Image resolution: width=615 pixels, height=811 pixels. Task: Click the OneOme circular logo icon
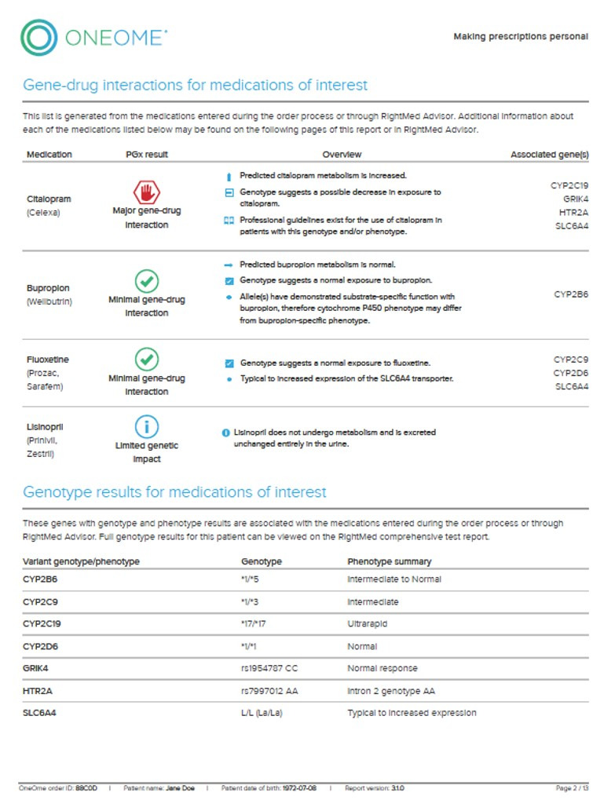pyautogui.click(x=38, y=37)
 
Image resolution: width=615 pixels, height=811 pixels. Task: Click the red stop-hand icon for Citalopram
pyautogui.click(x=146, y=192)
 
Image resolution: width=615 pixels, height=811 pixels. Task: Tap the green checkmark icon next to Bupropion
pyautogui.click(x=146, y=280)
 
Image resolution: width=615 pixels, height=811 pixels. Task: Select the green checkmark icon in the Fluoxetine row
pyautogui.click(x=146, y=359)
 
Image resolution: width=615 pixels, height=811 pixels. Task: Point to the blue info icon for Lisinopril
pyautogui.click(x=146, y=426)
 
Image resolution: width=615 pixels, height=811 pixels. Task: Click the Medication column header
pyautogui.click(x=49, y=155)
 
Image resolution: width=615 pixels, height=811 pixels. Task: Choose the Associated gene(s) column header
pyautogui.click(x=549, y=155)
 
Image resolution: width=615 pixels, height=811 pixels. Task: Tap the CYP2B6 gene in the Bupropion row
pyautogui.click(x=571, y=294)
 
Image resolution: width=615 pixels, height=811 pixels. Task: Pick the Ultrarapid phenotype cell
pyautogui.click(x=368, y=624)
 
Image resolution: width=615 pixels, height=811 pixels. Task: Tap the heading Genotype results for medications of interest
pyautogui.click(x=174, y=493)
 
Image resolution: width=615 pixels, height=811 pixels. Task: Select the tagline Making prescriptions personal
pyautogui.click(x=520, y=37)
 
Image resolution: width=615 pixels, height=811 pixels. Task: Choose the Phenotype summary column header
pyautogui.click(x=389, y=561)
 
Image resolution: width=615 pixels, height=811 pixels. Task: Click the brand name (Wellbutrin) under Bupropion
pyautogui.click(x=49, y=301)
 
